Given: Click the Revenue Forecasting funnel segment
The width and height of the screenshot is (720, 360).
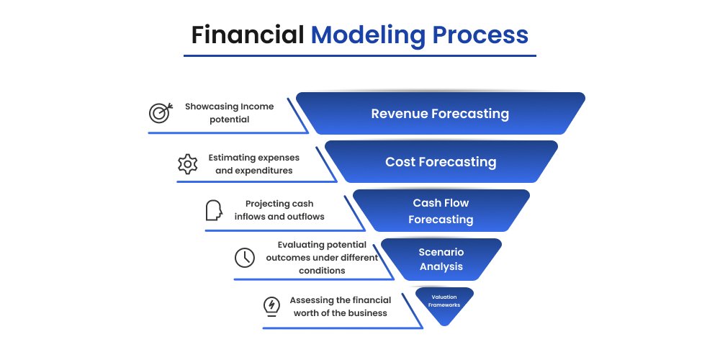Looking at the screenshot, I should (x=440, y=114).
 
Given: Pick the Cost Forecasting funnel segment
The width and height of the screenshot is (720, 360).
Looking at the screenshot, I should (x=441, y=162).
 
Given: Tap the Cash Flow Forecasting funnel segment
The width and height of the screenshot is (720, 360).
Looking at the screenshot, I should (x=441, y=211).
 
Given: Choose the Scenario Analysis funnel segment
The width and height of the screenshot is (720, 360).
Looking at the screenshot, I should (x=441, y=259).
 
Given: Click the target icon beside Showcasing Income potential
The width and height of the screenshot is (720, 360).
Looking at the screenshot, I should (x=160, y=113).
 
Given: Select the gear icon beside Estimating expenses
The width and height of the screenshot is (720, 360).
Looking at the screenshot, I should (x=187, y=163).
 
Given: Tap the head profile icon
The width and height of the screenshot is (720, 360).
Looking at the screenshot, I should (x=214, y=210).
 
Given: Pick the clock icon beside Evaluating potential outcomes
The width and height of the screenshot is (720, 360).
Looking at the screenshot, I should (x=244, y=257).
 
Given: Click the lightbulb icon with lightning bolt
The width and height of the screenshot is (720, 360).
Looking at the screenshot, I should (x=271, y=306).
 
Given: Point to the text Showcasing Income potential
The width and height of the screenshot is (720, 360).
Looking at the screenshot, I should (x=229, y=112).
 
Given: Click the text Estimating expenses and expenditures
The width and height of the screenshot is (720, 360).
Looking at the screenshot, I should (x=253, y=163).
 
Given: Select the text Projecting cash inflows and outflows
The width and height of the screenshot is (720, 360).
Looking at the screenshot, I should (x=279, y=210).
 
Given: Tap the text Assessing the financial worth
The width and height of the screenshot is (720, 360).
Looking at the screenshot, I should (x=340, y=306).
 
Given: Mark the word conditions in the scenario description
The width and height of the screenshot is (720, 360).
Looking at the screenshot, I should (x=322, y=271).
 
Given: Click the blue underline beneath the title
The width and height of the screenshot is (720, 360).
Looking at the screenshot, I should (x=359, y=55).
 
